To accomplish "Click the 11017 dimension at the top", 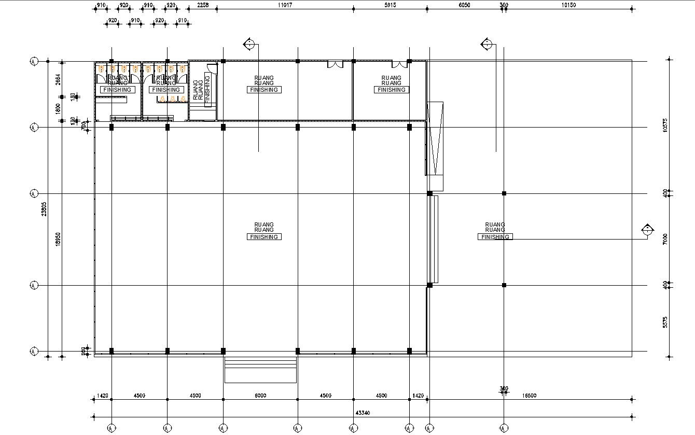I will [x=285, y=5].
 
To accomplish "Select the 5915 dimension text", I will [x=390, y=5].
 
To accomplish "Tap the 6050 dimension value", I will [x=464, y=5].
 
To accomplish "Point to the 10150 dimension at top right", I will [x=569, y=5].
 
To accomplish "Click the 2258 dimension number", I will [x=203, y=5].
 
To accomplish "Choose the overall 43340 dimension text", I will [x=363, y=413].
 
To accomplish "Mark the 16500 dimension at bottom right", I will [x=529, y=396].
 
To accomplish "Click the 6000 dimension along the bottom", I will [x=260, y=396].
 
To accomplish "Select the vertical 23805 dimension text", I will [x=45, y=209].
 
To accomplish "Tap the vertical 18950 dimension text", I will [x=58, y=238].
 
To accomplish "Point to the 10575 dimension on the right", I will [x=665, y=126].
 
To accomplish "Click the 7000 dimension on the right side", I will [x=665, y=239].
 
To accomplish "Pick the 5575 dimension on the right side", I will [x=665, y=322].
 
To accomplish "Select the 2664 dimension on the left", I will [x=58, y=79].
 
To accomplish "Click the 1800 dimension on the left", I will [x=58, y=109].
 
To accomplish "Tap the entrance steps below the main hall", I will [x=260, y=369].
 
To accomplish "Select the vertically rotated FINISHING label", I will [x=207, y=90].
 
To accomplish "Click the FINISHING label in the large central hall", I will [x=264, y=237].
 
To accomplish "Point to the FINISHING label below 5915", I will [x=391, y=90].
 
